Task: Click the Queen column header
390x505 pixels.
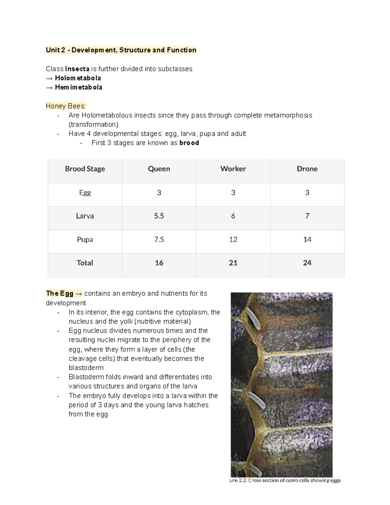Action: click(159, 169)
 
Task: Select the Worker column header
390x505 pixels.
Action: click(233, 169)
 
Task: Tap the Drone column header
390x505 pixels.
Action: click(307, 169)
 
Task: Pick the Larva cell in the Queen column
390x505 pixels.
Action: click(159, 216)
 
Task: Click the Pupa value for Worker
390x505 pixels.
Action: click(233, 240)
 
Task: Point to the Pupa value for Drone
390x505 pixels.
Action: click(307, 240)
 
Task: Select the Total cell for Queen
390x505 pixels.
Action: click(159, 263)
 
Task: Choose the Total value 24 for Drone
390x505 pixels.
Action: click(307, 263)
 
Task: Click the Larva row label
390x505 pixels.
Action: click(85, 216)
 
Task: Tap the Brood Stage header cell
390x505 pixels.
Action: click(85, 169)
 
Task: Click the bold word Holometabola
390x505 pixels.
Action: click(78, 78)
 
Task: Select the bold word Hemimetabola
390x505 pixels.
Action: click(79, 87)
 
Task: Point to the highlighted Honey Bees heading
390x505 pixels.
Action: click(66, 106)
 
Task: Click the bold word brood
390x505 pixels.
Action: click(189, 143)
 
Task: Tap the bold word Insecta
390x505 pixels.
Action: click(77, 69)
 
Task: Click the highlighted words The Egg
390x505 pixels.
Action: click(60, 293)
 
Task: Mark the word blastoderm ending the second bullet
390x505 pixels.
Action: click(86, 368)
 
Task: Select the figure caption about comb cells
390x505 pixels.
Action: click(285, 480)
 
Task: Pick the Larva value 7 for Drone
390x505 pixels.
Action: click(307, 216)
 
